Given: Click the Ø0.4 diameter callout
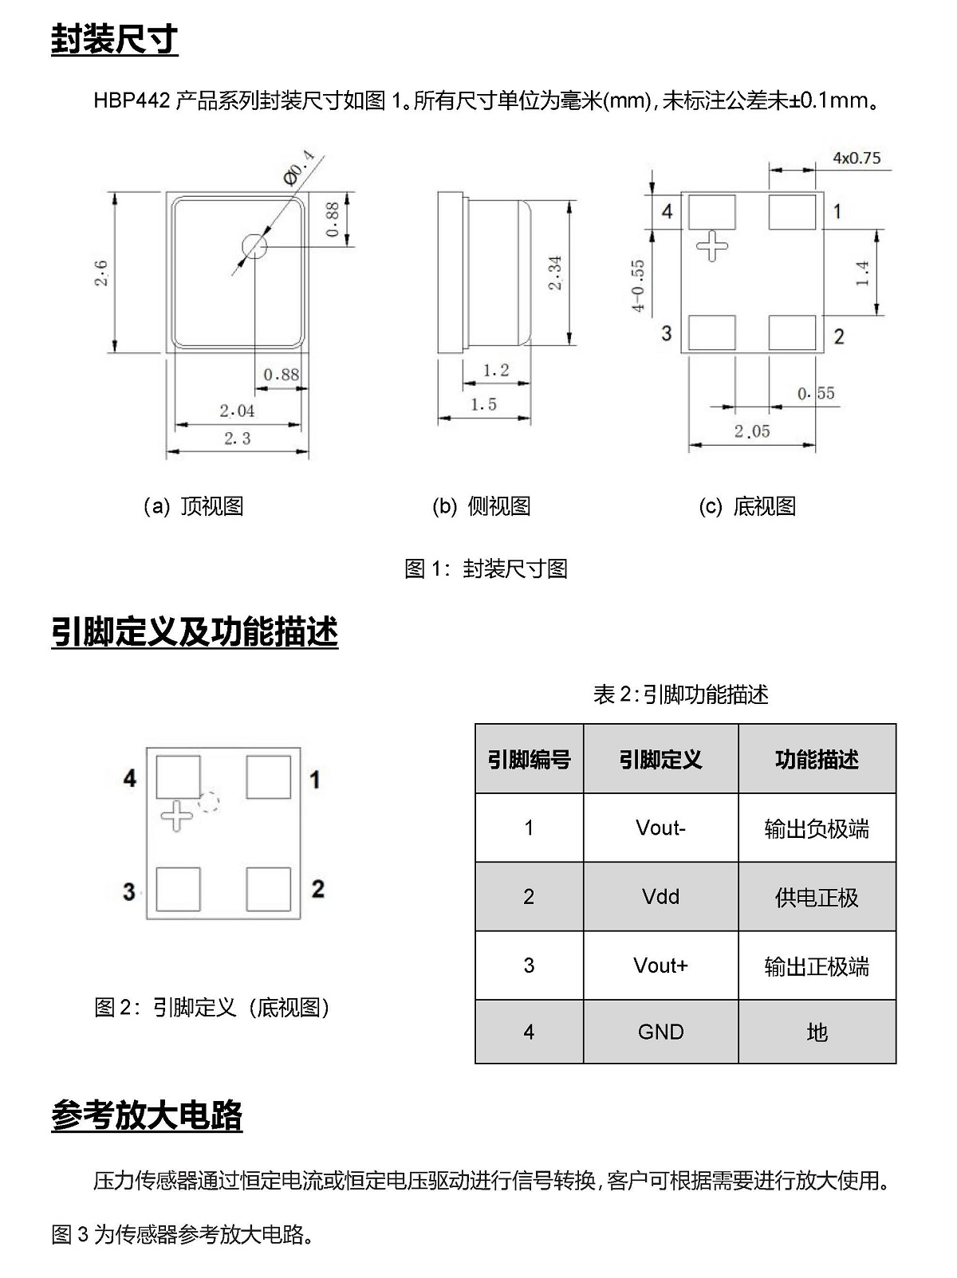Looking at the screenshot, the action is coord(299,167).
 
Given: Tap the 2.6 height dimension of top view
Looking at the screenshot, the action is coord(101,273).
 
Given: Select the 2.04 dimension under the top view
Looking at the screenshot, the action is coord(237,411).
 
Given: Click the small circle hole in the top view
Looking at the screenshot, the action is coord(254,246).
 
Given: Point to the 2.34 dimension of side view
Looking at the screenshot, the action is coord(555,273).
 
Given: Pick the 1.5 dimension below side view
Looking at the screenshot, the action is coord(483,404).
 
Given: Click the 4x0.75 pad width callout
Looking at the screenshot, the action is coord(857,158).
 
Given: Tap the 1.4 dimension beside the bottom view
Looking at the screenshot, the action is coord(863,273).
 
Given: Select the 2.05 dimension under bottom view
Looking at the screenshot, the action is coord(752,431).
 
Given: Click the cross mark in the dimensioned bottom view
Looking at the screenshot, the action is coord(712,246).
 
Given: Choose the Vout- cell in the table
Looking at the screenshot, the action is coord(660,828).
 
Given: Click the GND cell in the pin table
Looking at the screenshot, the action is coord(660,1032).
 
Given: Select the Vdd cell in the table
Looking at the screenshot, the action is coord(660,896).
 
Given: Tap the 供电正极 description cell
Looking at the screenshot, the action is coord(817,897).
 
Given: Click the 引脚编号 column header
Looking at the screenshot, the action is coord(529,759).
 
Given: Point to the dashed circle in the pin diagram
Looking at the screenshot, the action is coord(209,802).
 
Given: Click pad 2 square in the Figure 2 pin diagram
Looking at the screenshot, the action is coord(269,889).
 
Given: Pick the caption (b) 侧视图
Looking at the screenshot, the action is coord(481,506).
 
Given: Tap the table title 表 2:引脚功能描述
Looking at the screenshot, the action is coord(681,694).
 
